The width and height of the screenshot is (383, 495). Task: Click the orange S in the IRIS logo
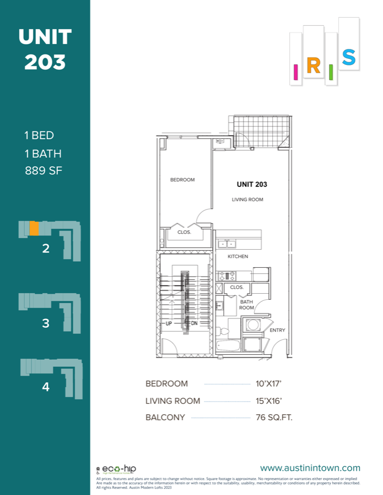pyautogui.click(x=348, y=57)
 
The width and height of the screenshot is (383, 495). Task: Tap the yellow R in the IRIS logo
pyautogui.click(x=313, y=67)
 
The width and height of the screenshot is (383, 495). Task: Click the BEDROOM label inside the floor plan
pyautogui.click(x=182, y=180)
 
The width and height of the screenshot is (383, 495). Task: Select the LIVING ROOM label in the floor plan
pyautogui.click(x=247, y=200)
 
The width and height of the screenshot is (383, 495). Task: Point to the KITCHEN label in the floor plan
pyautogui.click(x=238, y=257)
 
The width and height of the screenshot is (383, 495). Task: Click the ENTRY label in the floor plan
pyautogui.click(x=277, y=331)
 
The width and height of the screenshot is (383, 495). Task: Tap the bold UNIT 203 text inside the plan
pyautogui.click(x=252, y=185)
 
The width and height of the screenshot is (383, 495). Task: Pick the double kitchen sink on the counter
pyautogui.click(x=226, y=244)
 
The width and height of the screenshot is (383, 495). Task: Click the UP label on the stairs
pyautogui.click(x=169, y=323)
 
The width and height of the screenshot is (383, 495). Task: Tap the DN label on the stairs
pyautogui.click(x=194, y=323)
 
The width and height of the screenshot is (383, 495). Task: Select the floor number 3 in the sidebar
pyautogui.click(x=46, y=323)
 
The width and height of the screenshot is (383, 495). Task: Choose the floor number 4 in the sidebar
pyautogui.click(x=46, y=387)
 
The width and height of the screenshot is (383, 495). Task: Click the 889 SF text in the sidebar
pyautogui.click(x=44, y=170)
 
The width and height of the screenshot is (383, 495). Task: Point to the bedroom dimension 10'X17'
pyautogui.click(x=269, y=384)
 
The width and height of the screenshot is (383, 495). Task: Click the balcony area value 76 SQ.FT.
pyautogui.click(x=274, y=417)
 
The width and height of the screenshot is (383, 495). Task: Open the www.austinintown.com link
pyautogui.click(x=310, y=469)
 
